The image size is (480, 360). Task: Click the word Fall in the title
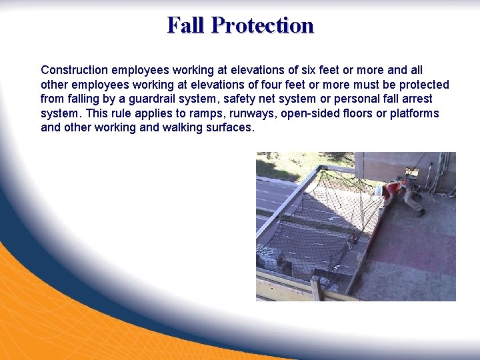186,25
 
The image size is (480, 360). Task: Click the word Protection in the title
262,25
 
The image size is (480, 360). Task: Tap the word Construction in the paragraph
74,70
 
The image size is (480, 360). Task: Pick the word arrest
415,99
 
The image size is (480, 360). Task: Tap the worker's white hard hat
378,190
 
